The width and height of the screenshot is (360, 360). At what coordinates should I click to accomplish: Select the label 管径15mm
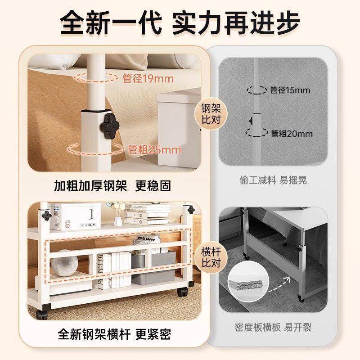[290, 90]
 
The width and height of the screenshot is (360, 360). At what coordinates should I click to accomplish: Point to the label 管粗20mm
[292, 134]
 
